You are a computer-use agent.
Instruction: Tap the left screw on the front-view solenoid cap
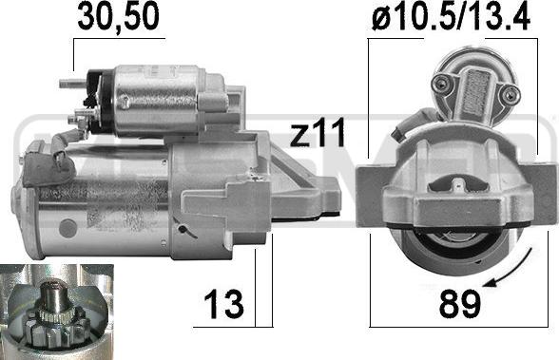point(440,87)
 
